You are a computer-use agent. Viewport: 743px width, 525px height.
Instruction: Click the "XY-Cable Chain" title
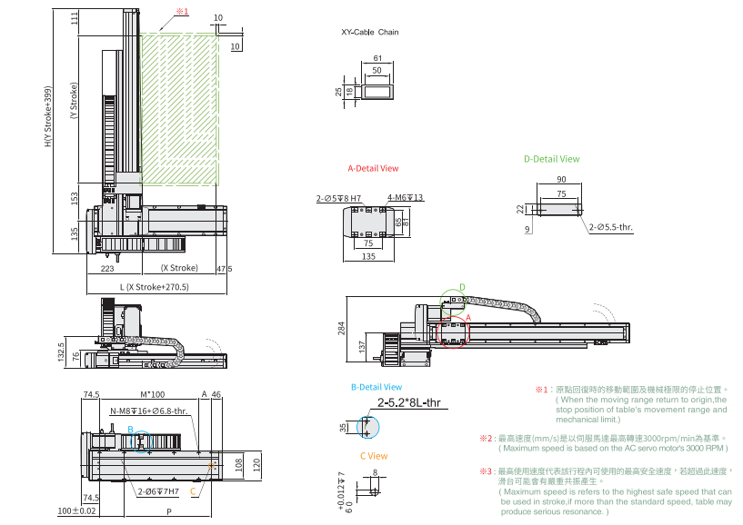tap(369, 32)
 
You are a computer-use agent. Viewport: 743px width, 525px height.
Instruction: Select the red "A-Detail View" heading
tap(373, 169)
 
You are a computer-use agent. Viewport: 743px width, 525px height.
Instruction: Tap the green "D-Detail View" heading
tap(551, 159)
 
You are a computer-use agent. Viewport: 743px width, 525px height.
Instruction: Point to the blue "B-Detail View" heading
tap(377, 387)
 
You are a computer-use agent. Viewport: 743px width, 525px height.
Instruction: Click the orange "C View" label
tap(374, 456)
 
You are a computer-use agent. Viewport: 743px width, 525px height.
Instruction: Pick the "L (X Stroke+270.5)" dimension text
tap(154, 287)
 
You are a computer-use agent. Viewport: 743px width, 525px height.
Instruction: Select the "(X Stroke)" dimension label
tap(179, 268)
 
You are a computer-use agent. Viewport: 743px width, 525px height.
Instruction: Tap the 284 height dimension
tap(341, 327)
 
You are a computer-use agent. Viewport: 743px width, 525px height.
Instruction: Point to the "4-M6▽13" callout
tap(406, 197)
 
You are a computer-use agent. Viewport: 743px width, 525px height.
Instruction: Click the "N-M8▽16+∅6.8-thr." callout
tap(149, 411)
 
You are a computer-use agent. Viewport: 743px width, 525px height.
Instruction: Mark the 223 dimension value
tap(107, 268)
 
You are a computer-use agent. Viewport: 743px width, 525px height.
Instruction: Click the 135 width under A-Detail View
tap(367, 256)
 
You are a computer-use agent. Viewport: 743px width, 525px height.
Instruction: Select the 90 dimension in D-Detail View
tap(561, 180)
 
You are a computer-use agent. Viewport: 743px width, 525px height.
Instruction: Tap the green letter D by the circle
tap(461, 287)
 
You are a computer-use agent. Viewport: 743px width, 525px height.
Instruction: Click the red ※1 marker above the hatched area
tap(181, 12)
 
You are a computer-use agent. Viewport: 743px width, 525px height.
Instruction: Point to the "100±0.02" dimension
tap(76, 511)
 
